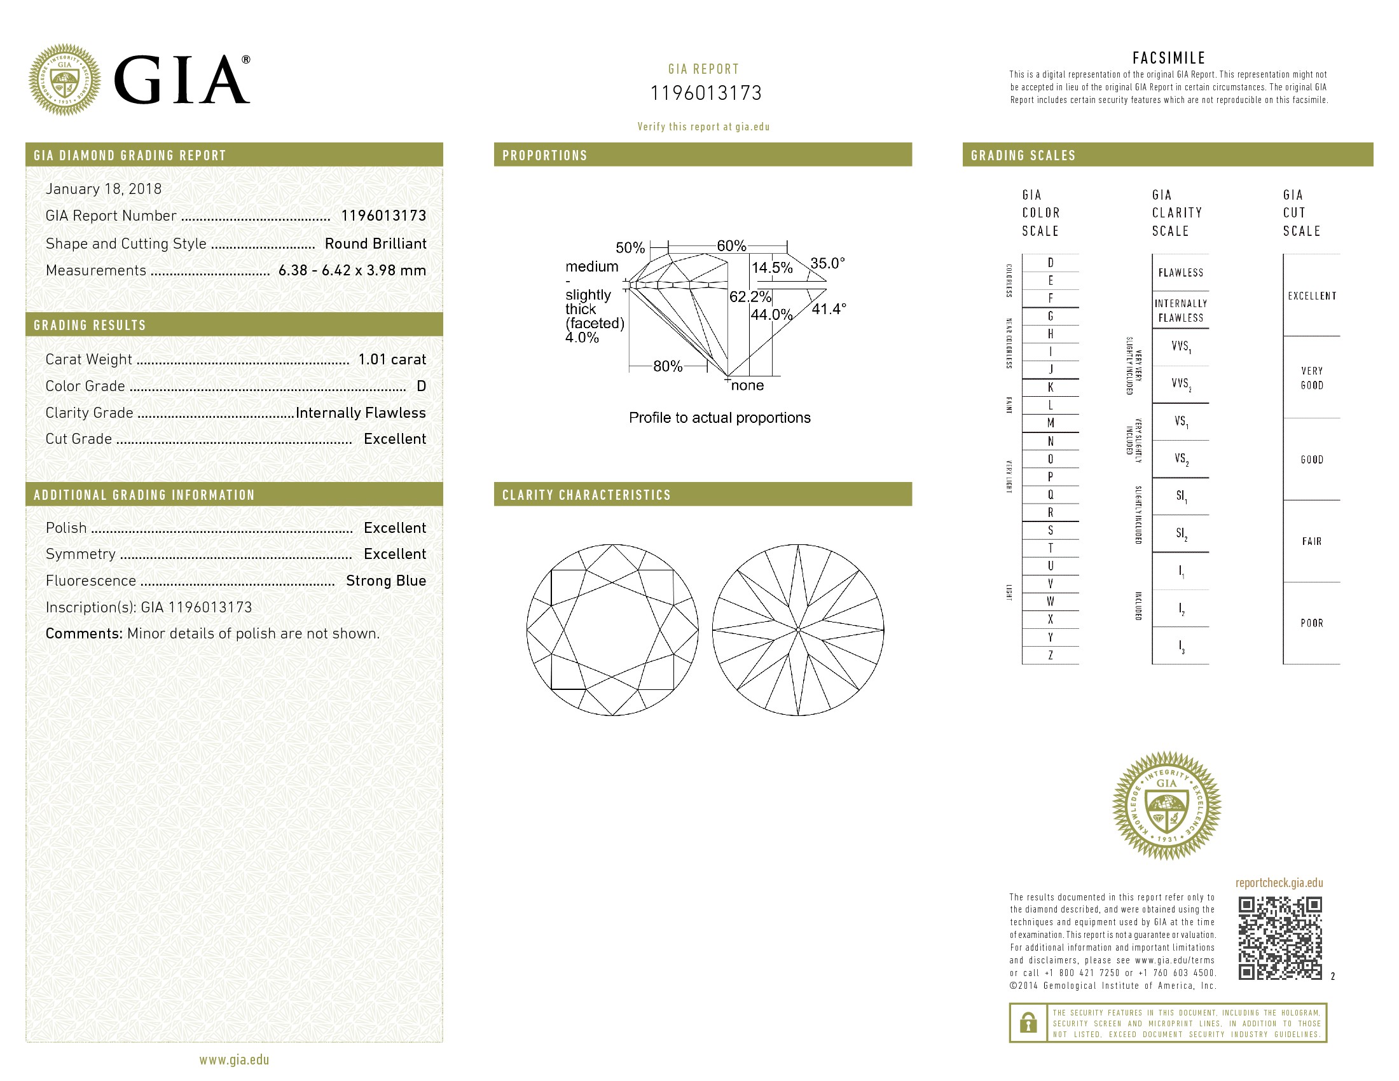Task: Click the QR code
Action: point(1280,938)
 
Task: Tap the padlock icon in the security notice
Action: point(1028,1022)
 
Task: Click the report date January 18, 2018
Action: point(103,189)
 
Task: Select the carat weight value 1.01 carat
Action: point(392,359)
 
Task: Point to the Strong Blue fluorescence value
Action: point(386,581)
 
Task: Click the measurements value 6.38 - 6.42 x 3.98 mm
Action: point(352,270)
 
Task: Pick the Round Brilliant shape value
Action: point(375,244)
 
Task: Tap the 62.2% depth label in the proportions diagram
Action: point(750,296)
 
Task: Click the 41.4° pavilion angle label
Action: point(829,309)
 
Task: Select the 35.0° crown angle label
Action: point(827,263)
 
